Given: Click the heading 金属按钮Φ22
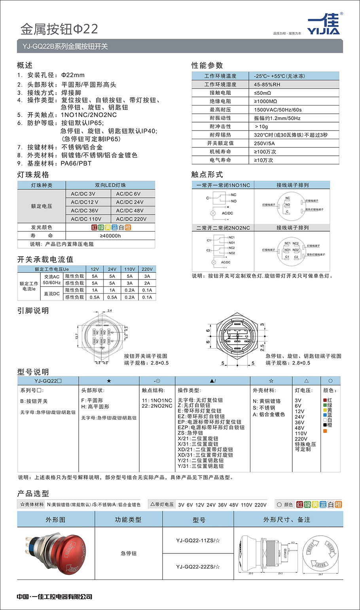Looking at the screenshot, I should tap(59, 29).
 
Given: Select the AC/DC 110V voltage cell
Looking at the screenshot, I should tap(86, 219).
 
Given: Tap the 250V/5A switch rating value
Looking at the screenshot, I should tap(264, 143).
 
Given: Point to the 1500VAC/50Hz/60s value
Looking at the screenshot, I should tap(278, 110).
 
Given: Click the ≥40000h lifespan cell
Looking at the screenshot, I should tap(110, 236).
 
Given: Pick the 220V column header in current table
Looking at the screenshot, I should tap(147, 269).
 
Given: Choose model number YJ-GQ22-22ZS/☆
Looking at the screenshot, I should tap(198, 567).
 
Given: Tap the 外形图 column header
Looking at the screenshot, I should tap(56, 519).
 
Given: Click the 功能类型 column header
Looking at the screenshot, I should tap(128, 519).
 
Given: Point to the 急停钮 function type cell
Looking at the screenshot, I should tap(129, 553).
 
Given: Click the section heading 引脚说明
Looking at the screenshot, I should tap(33, 311).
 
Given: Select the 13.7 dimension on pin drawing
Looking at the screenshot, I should tap(76, 336).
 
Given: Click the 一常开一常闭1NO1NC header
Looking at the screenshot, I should tap(223, 185).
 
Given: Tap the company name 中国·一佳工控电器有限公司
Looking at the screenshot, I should tap(55, 597).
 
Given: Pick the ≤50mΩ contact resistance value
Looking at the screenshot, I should tap(263, 93).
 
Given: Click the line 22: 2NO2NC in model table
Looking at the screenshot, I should tap(157, 406).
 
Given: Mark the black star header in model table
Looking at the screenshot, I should tap(109, 381).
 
